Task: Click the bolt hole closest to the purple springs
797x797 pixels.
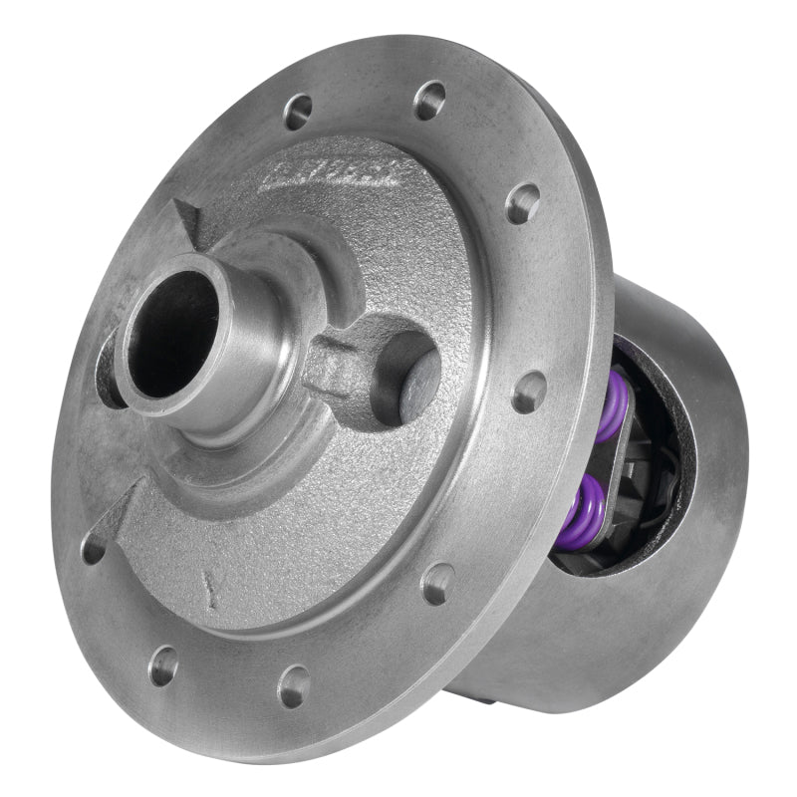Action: tap(530, 392)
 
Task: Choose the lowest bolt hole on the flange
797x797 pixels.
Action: tap(294, 684)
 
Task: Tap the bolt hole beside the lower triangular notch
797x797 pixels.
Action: tap(93, 548)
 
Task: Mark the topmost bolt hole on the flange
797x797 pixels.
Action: tap(429, 100)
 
